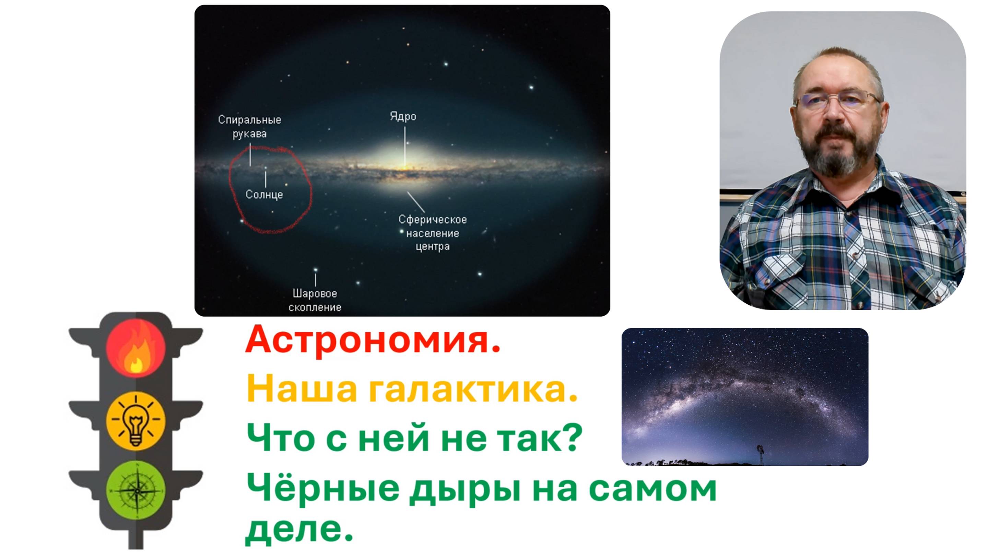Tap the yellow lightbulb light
click(x=136, y=421)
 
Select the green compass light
click(x=136, y=490)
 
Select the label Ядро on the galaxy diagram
click(x=403, y=117)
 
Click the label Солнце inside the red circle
click(x=264, y=195)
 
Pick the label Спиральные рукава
click(x=250, y=127)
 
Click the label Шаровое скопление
click(x=315, y=300)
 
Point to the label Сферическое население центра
click(x=433, y=233)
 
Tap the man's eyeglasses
click(x=838, y=101)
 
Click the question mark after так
click(x=573, y=438)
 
